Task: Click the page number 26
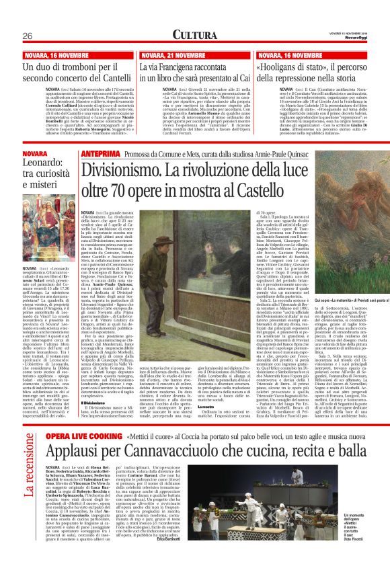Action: tap(27, 36)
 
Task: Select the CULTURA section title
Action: tap(194, 35)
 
